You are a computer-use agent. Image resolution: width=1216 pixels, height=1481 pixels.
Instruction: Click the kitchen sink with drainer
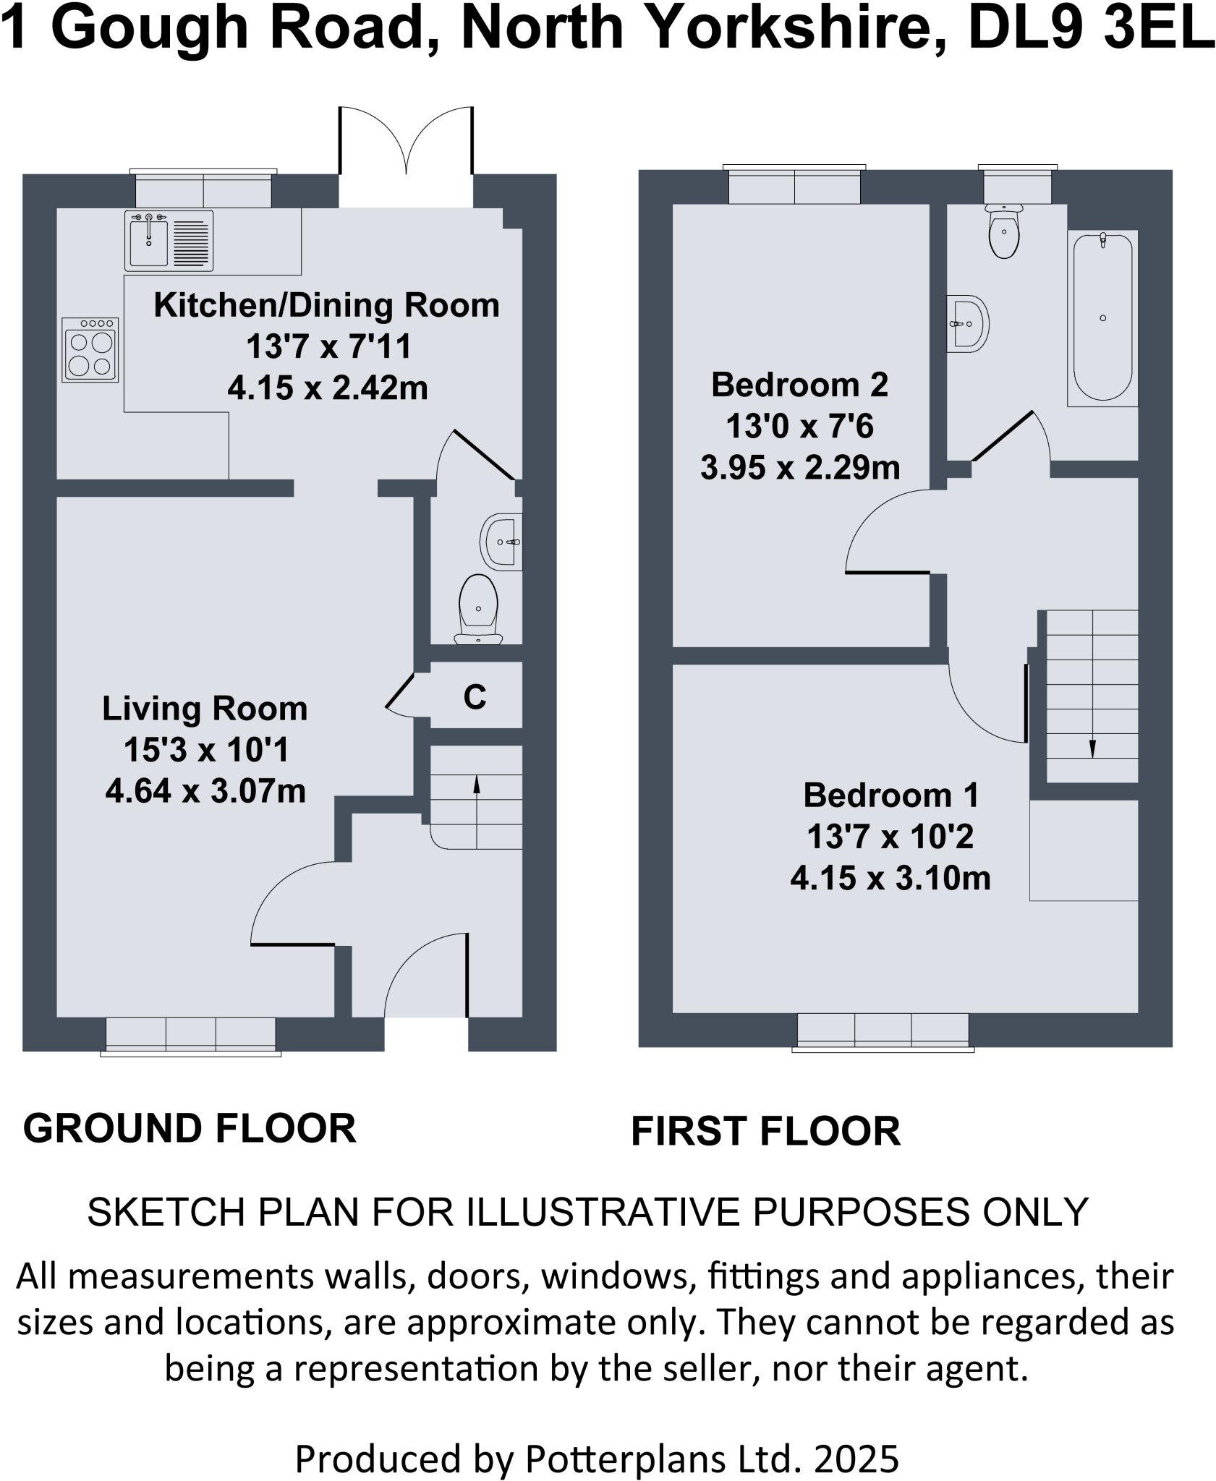[169, 241]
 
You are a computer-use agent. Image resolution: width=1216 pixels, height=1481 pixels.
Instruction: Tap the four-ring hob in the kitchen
[90, 351]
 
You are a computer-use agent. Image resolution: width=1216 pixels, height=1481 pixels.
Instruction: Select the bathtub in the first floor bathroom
[1102, 318]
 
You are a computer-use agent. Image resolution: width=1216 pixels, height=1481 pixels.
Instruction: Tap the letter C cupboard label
[475, 697]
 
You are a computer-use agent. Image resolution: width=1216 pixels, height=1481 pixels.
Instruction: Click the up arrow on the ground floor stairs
[477, 785]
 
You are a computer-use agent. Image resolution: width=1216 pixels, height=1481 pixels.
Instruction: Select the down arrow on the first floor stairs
[1092, 746]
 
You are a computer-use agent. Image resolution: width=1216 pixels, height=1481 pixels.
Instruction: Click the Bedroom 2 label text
[799, 385]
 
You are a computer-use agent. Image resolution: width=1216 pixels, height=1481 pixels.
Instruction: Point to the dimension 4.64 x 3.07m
[205, 791]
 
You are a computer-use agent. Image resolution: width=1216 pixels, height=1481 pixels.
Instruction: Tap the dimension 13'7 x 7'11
[328, 346]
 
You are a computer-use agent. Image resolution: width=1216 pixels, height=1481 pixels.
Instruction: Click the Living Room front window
[191, 1035]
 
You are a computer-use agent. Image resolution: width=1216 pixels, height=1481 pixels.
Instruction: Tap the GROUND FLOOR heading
[190, 1128]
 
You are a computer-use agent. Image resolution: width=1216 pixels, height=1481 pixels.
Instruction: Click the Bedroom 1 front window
[883, 1030]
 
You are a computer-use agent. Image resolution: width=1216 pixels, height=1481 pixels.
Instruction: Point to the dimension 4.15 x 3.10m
[890, 879]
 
